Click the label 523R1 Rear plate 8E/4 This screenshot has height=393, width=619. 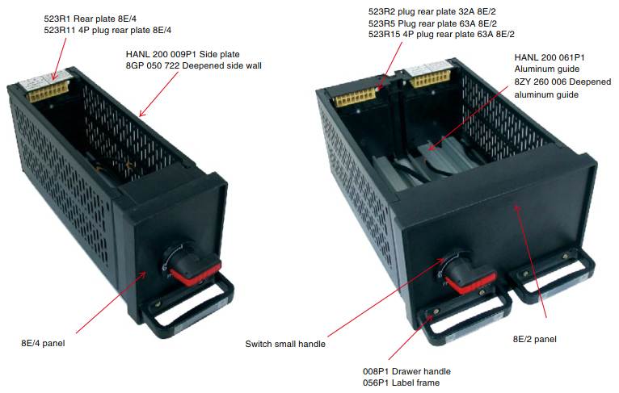pyautogui.click(x=90, y=19)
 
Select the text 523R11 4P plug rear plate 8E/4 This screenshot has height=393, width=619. pyautogui.click(x=107, y=30)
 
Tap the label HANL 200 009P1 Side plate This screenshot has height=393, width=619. pyautogui.click(x=183, y=54)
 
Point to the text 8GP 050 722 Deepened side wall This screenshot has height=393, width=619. pyautogui.click(x=193, y=65)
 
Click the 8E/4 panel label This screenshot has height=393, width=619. pyautogui.click(x=43, y=343)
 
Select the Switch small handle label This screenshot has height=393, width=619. pyautogui.click(x=285, y=344)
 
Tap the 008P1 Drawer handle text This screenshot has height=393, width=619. pyautogui.click(x=406, y=371)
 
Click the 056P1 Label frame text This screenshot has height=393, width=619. pyautogui.click(x=401, y=383)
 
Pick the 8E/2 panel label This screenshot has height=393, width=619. pyautogui.click(x=534, y=339)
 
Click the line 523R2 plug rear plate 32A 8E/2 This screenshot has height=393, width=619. pyautogui.click(x=432, y=12)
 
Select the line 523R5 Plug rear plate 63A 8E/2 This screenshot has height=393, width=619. pyautogui.click(x=432, y=23)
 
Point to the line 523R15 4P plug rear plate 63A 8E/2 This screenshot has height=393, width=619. pyautogui.click(x=441, y=34)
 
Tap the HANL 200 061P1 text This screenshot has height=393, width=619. pyautogui.click(x=550, y=57)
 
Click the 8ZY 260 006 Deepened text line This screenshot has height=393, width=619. pyautogui.click(x=562, y=82)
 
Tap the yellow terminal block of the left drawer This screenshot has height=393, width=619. pyautogui.click(x=48, y=91)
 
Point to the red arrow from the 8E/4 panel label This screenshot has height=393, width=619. pyautogui.click(x=112, y=302)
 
